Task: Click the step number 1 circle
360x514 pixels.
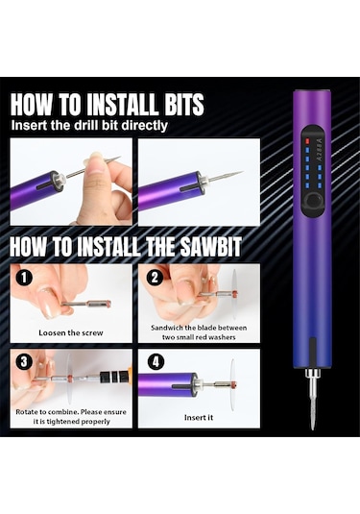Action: click(x=24, y=279)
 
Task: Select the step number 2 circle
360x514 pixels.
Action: click(x=155, y=278)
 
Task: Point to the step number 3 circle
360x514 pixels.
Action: click(x=24, y=362)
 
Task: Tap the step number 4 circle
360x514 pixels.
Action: click(x=156, y=362)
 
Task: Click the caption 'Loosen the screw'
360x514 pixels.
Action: click(x=71, y=332)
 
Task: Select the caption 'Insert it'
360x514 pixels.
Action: click(x=199, y=417)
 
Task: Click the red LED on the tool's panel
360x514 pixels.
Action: click(x=307, y=141)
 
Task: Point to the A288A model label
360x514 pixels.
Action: click(x=320, y=149)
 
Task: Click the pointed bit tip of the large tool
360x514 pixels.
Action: click(x=313, y=428)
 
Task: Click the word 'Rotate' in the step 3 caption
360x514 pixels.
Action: click(x=26, y=412)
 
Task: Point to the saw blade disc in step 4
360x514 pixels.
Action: click(x=232, y=383)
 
